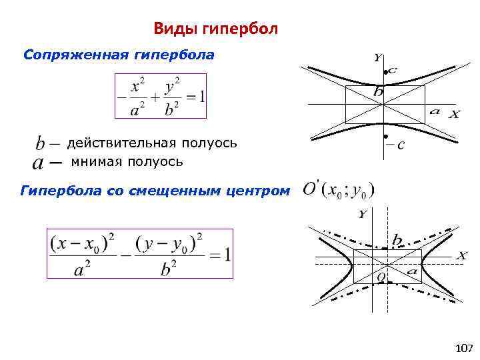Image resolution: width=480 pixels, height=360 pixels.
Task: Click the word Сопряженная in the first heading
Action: (66, 55)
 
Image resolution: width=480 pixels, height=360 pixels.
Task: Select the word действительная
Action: (121, 143)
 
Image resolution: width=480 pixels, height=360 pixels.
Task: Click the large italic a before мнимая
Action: (39, 162)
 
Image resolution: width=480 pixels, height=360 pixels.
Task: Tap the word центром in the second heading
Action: (263, 191)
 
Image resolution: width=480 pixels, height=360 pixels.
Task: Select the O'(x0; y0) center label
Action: (338, 189)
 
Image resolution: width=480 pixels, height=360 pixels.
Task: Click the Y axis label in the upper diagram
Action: (377, 58)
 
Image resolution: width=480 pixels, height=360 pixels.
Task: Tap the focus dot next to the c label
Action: (385, 71)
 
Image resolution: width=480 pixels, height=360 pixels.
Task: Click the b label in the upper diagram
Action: (378, 91)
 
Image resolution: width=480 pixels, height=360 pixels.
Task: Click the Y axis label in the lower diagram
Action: (362, 214)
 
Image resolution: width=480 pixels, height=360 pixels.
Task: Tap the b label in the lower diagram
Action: (397, 239)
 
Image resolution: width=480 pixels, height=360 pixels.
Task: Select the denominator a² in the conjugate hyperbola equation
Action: (139, 109)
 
